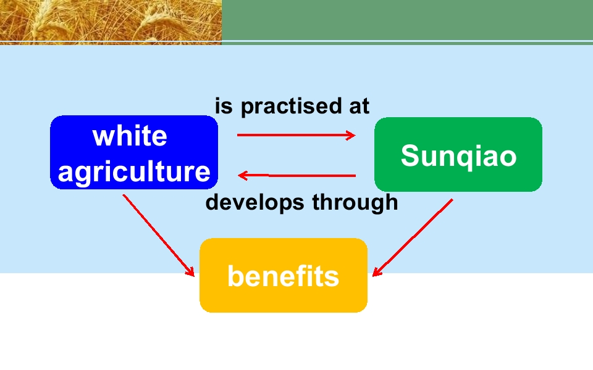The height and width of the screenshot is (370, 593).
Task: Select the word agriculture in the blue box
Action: click(x=134, y=172)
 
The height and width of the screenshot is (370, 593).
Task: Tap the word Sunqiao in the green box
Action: click(x=458, y=155)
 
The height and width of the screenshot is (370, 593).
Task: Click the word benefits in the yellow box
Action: click(x=283, y=276)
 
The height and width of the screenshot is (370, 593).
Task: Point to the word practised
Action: click(x=291, y=107)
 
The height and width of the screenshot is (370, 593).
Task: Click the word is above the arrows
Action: click(x=223, y=106)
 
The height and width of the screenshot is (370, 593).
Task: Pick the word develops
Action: click(x=254, y=203)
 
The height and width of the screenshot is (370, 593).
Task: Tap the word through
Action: click(x=355, y=203)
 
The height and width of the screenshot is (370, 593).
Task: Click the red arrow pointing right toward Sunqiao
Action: click(x=296, y=135)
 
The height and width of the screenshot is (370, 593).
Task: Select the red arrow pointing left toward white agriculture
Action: click(x=296, y=175)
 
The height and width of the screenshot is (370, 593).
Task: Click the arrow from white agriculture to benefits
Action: click(x=159, y=235)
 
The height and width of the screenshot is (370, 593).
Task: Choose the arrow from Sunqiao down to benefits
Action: click(x=413, y=238)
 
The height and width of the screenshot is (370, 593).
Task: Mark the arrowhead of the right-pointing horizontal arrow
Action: click(x=351, y=135)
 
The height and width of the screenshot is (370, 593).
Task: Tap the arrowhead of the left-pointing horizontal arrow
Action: click(x=242, y=175)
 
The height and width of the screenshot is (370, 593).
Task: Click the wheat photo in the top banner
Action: click(x=111, y=22)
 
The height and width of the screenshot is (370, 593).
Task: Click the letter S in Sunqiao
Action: click(x=410, y=155)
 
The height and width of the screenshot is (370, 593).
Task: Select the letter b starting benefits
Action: click(x=235, y=276)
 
